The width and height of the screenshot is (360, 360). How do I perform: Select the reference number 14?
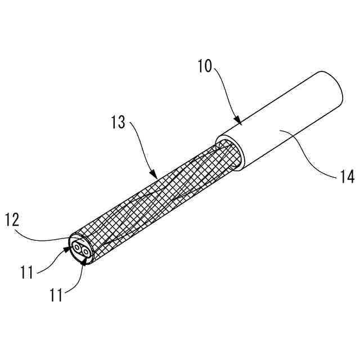point(346,177)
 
